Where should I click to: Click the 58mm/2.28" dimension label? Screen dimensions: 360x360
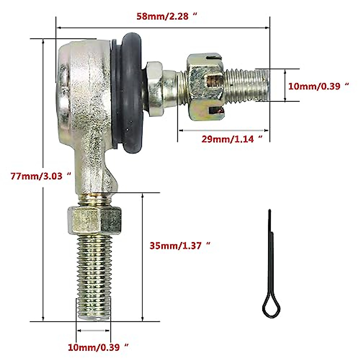167,16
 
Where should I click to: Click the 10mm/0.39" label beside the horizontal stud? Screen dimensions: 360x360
319,86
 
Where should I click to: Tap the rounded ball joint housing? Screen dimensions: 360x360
82,90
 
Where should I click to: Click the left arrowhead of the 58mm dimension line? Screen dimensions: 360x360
59,28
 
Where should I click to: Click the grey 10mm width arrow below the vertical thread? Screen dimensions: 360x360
93,331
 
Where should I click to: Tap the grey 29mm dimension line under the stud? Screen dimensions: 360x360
223,130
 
